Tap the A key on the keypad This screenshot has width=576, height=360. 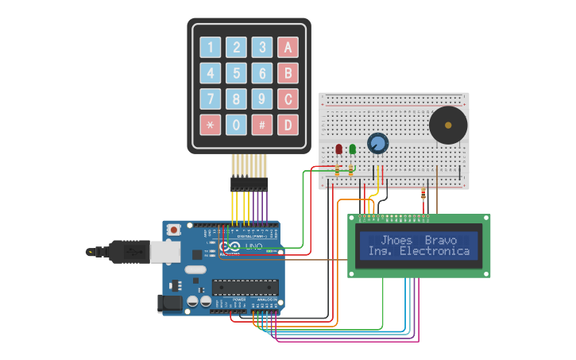coord(288,47)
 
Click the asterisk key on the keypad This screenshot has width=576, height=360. coord(211,125)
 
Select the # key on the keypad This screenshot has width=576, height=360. coord(262,125)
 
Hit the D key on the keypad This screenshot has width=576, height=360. coord(288,125)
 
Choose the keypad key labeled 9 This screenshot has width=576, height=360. coord(262,99)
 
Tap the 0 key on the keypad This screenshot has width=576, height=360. coord(236,125)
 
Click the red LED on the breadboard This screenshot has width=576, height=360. coord(339,149)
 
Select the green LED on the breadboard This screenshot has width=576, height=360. coord(352,149)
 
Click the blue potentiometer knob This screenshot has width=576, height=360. coord(377,143)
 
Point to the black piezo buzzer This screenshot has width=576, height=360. coord(448,126)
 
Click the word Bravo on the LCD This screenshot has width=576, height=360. coord(441,240)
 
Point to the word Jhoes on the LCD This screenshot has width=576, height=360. coord(396,240)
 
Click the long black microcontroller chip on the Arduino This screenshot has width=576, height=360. coord(244,287)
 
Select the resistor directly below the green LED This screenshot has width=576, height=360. coord(352,169)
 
